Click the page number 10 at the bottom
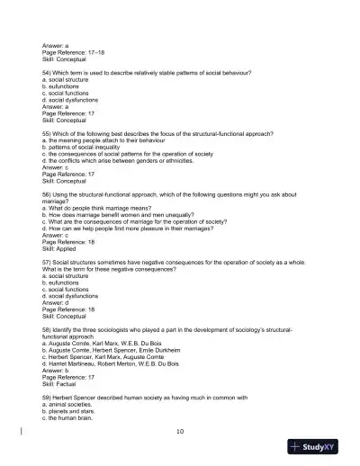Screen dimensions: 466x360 [180, 432]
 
